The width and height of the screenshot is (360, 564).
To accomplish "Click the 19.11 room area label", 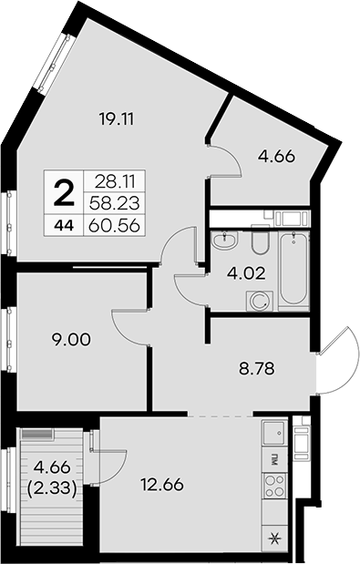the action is pyautogui.click(x=116, y=119).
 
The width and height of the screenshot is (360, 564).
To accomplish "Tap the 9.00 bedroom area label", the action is pyautogui.click(x=71, y=340).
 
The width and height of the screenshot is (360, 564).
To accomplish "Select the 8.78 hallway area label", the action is pyautogui.click(x=257, y=369).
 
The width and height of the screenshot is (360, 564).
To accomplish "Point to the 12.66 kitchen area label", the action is pyautogui.click(x=162, y=485).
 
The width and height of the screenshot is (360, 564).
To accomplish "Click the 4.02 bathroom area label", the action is pyautogui.click(x=246, y=273).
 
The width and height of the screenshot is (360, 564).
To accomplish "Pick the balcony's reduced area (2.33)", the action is pyautogui.click(x=52, y=488).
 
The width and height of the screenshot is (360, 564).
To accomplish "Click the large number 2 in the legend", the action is pyautogui.click(x=64, y=193).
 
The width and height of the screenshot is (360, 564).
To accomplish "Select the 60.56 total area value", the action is pyautogui.click(x=114, y=226).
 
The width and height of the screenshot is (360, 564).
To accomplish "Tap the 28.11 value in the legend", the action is pyautogui.click(x=115, y=182).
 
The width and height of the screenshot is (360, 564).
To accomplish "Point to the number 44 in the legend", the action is pyautogui.click(x=64, y=226).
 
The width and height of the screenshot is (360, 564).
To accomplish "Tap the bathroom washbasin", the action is pyautogui.click(x=224, y=240).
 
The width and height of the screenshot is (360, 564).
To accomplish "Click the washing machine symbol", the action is pyautogui.click(x=259, y=301).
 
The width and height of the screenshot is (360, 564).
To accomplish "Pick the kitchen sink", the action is pyautogui.click(x=274, y=433).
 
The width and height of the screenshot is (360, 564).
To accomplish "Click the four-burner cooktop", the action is pyautogui.click(x=274, y=486).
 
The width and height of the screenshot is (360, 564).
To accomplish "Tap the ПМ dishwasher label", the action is pyautogui.click(x=274, y=460).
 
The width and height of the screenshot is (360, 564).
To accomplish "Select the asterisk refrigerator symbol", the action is pyautogui.click(x=274, y=538).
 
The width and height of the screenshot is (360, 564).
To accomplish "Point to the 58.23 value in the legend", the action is pyautogui.click(x=114, y=204).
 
